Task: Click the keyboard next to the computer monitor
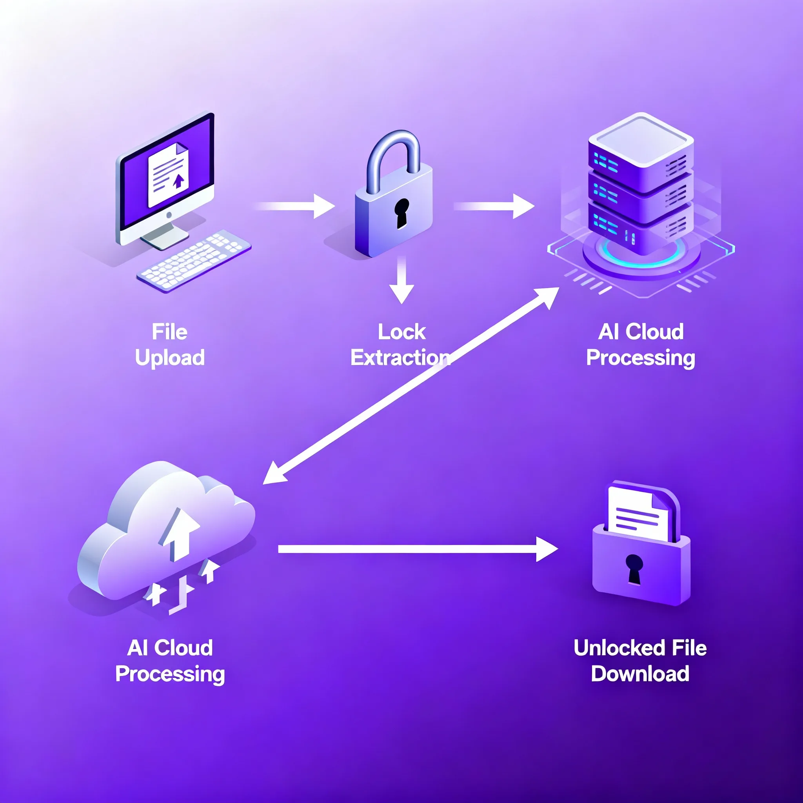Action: pos(194,260)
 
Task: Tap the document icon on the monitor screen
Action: pos(168,174)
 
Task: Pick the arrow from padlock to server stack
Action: pos(494,206)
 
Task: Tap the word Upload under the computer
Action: pos(170,358)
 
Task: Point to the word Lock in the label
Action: pos(401,332)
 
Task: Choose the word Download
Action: pos(640,674)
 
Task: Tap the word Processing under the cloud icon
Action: pos(170,674)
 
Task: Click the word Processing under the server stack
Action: pos(641,358)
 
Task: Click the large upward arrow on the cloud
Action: pos(180,534)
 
